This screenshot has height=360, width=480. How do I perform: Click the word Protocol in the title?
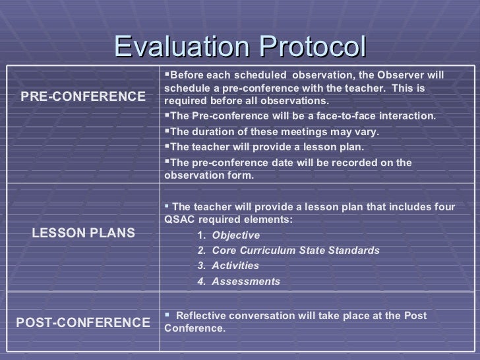[x=312, y=47]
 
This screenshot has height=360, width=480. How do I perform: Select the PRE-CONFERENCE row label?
[x=83, y=97]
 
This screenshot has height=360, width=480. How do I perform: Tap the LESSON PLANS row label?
[x=83, y=233]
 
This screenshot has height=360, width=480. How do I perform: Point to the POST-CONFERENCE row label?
[x=83, y=322]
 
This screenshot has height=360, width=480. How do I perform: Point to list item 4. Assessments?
[x=239, y=282]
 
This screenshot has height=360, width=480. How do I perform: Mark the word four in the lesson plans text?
[x=444, y=207]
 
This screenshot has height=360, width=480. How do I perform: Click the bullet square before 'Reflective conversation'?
[x=167, y=315]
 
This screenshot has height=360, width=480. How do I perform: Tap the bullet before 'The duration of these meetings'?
[x=167, y=131]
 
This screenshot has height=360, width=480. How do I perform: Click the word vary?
[x=367, y=131]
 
